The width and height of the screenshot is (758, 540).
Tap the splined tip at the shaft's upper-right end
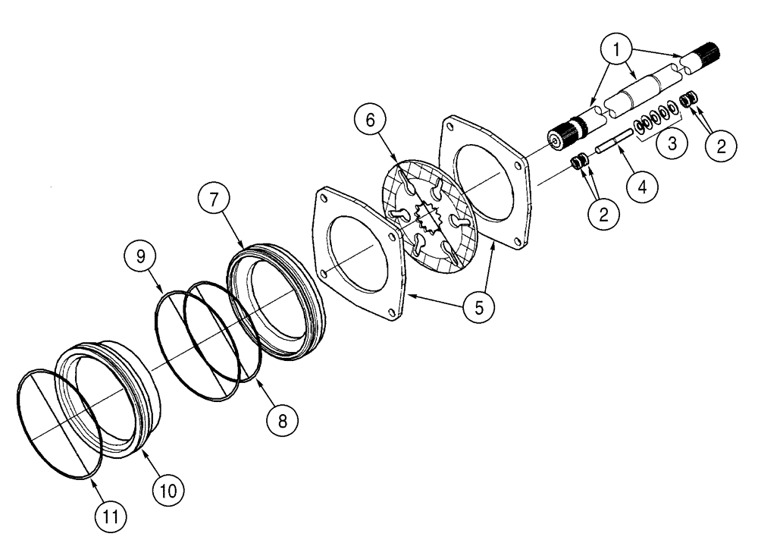(x=706, y=57)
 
